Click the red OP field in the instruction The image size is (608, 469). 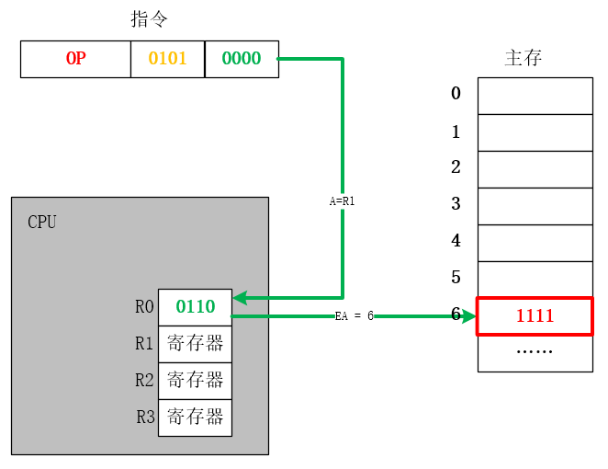pos(75,59)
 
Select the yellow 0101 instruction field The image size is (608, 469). pos(167,59)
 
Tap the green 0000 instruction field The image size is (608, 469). pos(242,59)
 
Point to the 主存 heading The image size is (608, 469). pos(524,58)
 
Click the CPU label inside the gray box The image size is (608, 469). pos(42,222)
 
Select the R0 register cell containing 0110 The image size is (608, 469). pos(195,307)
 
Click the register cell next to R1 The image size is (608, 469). pos(195,344)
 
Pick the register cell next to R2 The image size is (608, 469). pos(195,381)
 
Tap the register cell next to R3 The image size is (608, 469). pos(195,418)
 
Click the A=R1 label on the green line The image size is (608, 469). pos(343,200)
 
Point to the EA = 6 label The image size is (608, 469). pos(354,315)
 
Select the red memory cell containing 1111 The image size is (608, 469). pos(535,316)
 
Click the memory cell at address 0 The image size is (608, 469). pos(535,96)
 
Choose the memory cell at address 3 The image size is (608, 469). pos(535,206)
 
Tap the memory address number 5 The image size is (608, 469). pos(456,277)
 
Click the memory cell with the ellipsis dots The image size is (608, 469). pos(535,354)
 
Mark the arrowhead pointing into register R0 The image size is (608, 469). pos(240,298)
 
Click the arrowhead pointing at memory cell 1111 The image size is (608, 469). pos(469,316)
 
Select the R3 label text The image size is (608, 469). pos(145,418)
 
